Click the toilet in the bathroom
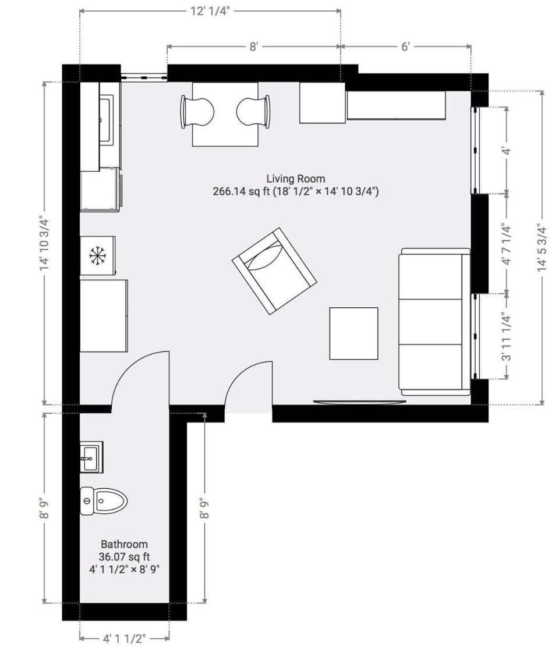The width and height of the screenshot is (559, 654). [x=104, y=501]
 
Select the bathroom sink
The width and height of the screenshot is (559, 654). [x=91, y=457]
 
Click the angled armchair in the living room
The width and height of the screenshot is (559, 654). [x=274, y=271]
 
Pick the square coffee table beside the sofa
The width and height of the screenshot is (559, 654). [x=353, y=333]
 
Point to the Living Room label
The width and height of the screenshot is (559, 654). [x=296, y=179]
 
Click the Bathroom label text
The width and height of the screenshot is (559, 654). [x=124, y=544]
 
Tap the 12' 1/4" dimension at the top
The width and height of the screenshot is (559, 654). [x=210, y=11]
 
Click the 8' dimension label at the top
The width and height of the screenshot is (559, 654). [x=253, y=47]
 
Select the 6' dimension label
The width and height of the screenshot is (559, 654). [x=406, y=47]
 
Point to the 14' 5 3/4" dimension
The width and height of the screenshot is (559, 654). [x=543, y=247]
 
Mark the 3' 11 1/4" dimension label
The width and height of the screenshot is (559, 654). [x=506, y=337]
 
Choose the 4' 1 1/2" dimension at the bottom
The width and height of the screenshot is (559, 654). [x=123, y=639]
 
